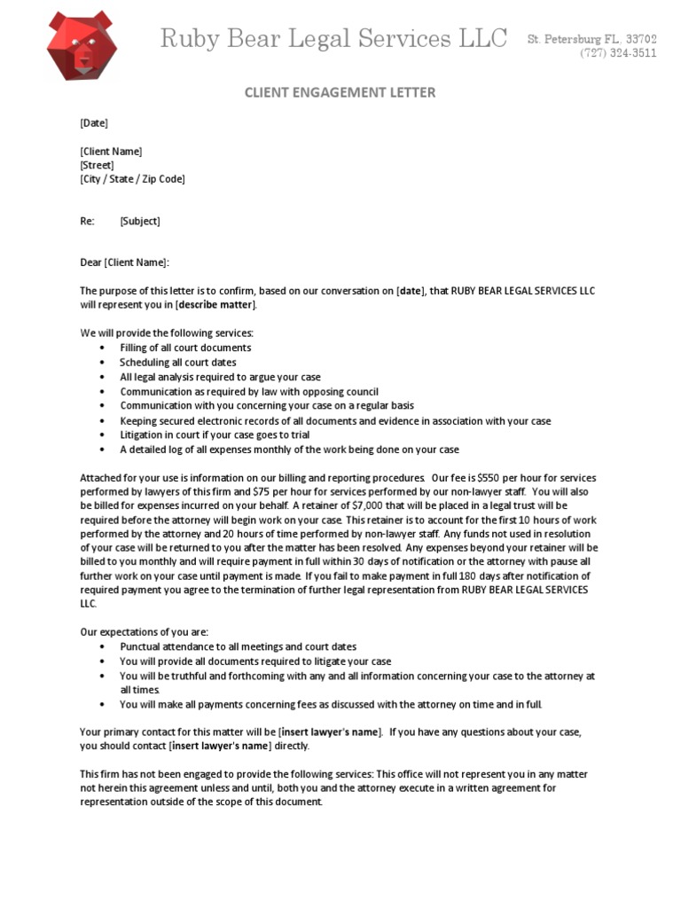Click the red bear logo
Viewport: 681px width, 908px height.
click(82, 46)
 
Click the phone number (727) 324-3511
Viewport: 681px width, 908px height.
click(619, 53)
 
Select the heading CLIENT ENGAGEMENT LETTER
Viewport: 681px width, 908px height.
click(340, 93)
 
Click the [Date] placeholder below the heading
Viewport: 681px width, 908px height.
click(94, 123)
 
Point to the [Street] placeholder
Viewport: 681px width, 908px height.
click(98, 165)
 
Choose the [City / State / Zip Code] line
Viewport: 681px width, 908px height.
click(132, 179)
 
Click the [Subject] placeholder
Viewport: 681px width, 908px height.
click(140, 221)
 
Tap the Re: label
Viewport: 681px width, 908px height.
click(88, 221)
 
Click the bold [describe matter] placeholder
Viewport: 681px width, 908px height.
click(216, 305)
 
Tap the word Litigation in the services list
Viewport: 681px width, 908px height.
click(143, 435)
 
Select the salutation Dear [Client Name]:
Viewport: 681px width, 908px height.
click(124, 262)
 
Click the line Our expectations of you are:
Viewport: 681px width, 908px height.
click(145, 632)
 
